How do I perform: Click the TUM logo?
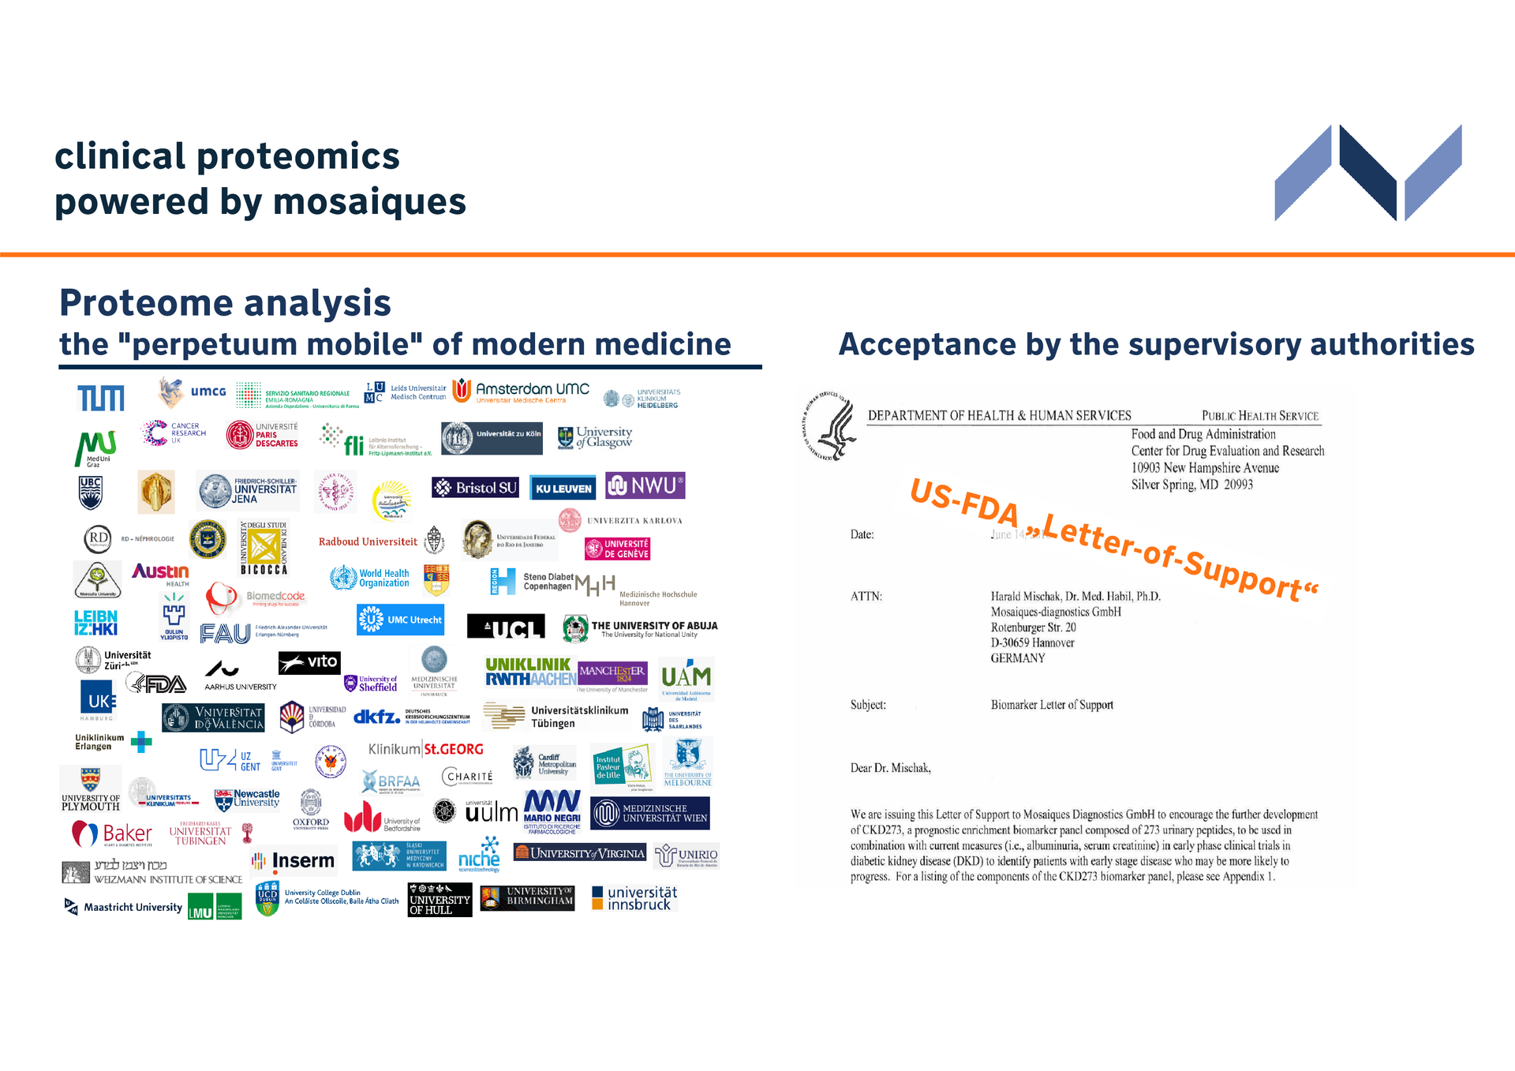[101, 398]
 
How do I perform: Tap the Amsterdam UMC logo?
[522, 391]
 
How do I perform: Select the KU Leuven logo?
[563, 489]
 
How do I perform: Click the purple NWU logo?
[645, 485]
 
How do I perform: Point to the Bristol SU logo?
[475, 488]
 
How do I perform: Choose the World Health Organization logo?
[370, 579]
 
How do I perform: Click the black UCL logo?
[506, 627]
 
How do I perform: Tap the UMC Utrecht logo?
[400, 620]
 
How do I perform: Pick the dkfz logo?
[377, 717]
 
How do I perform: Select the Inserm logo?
[294, 861]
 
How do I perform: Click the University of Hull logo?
[440, 900]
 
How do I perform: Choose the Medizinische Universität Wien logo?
[650, 814]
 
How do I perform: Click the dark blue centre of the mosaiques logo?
[1368, 172]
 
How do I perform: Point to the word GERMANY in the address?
[1018, 658]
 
